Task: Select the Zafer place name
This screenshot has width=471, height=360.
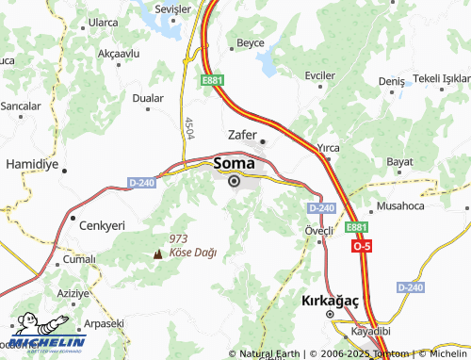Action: (244, 134)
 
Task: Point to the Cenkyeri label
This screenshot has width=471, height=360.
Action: (102, 226)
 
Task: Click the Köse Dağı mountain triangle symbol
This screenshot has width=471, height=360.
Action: (157, 254)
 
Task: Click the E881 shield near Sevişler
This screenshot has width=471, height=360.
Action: (212, 81)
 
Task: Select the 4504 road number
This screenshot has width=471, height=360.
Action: (189, 128)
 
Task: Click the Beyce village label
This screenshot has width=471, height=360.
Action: (251, 42)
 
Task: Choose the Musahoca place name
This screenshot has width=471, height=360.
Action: (401, 205)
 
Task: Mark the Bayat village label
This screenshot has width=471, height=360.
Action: (400, 162)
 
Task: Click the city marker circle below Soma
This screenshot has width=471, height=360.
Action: (234, 181)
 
